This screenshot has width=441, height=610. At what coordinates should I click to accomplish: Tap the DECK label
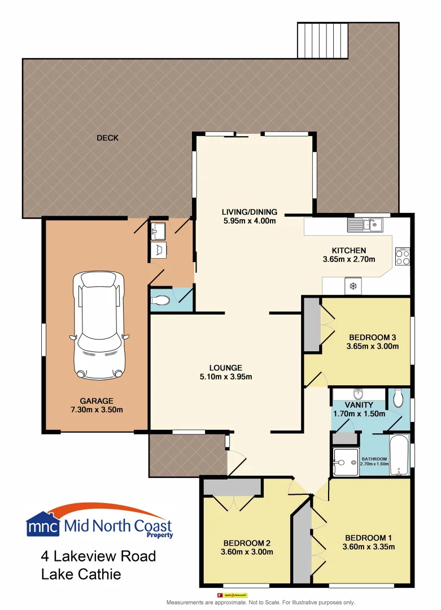coord(107,138)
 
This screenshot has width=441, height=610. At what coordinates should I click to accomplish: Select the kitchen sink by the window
coord(365,225)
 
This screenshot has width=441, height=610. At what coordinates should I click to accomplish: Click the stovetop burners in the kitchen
coord(403,257)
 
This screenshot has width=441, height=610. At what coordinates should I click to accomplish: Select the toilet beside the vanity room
coord(399,399)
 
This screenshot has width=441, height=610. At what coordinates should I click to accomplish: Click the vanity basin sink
coord(357,393)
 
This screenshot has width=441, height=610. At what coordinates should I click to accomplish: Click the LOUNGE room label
coord(226,367)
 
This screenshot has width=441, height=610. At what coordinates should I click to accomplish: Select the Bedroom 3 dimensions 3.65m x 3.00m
coord(373,346)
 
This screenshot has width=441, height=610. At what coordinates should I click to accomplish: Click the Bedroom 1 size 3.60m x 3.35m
coord(368,546)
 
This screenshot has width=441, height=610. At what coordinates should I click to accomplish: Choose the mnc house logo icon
coord(42,524)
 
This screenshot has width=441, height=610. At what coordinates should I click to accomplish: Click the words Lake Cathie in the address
coord(81,574)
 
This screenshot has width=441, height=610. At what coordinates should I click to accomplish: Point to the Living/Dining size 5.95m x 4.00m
coord(249,221)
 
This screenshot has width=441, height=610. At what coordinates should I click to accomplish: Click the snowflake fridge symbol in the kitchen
coord(353,286)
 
